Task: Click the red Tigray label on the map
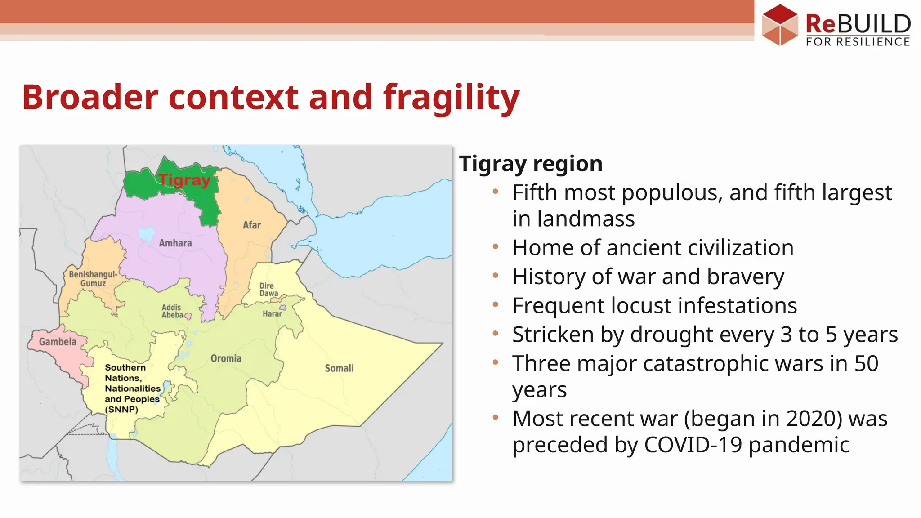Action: point(184,180)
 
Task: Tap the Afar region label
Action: point(251,225)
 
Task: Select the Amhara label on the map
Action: point(175,243)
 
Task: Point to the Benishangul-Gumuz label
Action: point(93,279)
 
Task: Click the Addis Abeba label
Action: point(172,311)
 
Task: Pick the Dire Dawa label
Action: point(268,290)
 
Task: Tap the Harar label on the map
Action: point(272,314)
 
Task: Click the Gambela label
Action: point(58,342)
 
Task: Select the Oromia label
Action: point(226,358)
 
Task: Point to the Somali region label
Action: point(339,368)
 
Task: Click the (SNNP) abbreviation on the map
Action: point(121,410)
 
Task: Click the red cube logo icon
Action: point(780,24)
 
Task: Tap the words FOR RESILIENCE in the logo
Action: point(858,42)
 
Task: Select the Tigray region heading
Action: point(531,164)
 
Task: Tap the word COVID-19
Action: point(693,445)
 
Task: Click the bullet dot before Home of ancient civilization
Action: point(496,247)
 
